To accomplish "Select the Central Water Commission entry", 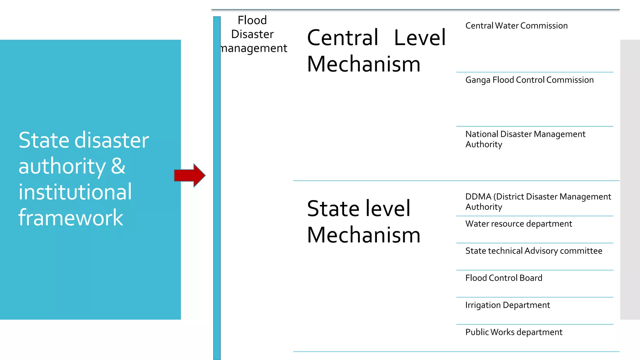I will coord(516,26).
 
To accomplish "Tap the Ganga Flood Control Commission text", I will coord(529,80).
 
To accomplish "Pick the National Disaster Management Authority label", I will coord(525,139).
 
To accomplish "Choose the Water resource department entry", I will coord(518,224).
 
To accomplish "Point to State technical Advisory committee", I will coord(533,251).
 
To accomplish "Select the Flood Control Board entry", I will coord(503,278).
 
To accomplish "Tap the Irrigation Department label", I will coord(507,305).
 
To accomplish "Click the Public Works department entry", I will coord(513,332).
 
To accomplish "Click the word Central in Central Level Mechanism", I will coord(343,38).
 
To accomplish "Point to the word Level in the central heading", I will coord(420,38).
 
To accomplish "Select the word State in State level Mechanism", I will coord(332,209).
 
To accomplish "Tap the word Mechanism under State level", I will coord(364,235).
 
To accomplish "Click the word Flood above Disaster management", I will coord(252,20).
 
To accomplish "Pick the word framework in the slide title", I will coord(71,217).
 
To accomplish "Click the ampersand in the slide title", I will coord(118,166).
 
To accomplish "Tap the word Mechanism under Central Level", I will coord(364,64).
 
